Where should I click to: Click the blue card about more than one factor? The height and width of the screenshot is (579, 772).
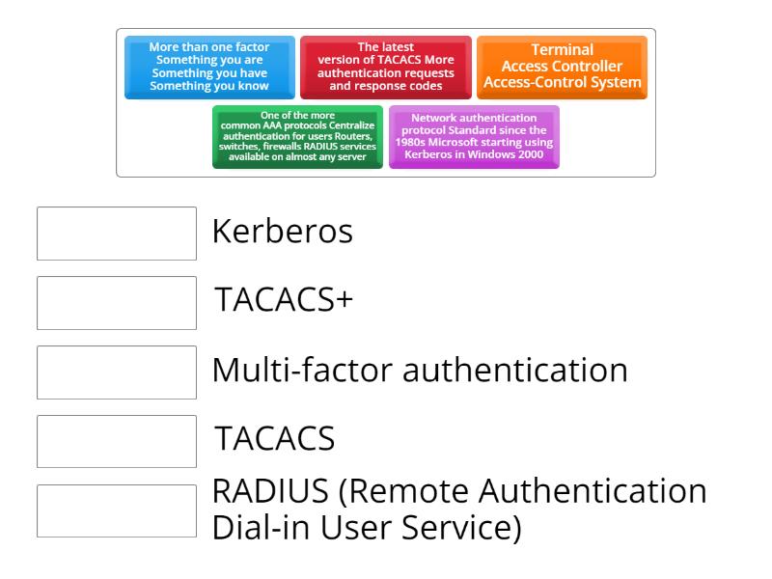[x=209, y=68]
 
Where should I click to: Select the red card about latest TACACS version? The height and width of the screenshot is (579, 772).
[x=386, y=68]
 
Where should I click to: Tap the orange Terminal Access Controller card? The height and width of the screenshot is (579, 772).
[x=563, y=68]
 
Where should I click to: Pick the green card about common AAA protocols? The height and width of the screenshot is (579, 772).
[x=297, y=137]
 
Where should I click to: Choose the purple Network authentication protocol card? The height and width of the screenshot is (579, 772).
[x=474, y=137]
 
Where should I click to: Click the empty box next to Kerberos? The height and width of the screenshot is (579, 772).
[x=117, y=233]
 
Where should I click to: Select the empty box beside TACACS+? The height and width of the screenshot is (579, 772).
[x=117, y=302]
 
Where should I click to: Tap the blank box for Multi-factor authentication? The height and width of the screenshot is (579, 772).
[x=117, y=372]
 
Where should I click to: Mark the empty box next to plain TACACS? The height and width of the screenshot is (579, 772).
[x=117, y=441]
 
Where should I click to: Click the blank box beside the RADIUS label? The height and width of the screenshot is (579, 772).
[x=117, y=510]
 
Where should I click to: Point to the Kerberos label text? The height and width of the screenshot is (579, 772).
[x=282, y=233]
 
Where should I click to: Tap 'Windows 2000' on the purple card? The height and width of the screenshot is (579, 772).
[x=503, y=156]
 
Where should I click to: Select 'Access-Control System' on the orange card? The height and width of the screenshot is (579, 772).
[x=563, y=82]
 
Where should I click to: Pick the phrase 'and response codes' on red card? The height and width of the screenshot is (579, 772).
[x=386, y=86]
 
